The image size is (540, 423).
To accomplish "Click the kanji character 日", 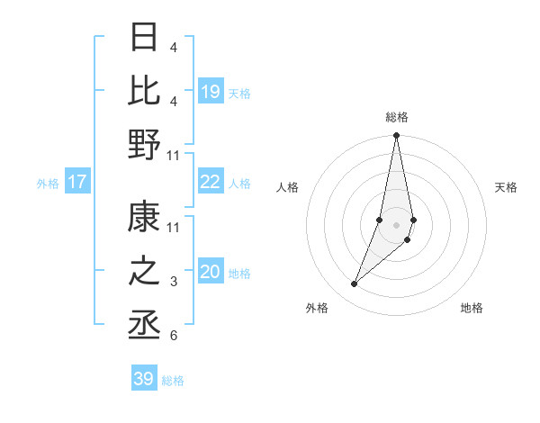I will tap(144, 38).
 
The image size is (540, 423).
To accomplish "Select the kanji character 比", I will tap(144, 91).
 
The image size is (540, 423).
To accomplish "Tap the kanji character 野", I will tap(144, 144).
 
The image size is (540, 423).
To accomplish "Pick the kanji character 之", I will tap(144, 270).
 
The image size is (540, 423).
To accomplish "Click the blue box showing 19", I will tap(211, 92).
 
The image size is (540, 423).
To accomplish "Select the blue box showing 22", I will tap(211, 182).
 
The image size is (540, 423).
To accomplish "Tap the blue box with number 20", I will tap(211, 272).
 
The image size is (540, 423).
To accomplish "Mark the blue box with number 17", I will tap(77, 182).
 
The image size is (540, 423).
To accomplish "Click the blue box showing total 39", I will tap(144, 379).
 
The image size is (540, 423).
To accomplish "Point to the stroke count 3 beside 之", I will tap(173, 282).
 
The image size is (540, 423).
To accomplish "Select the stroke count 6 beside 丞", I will tap(173, 336).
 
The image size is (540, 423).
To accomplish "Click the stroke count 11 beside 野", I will tap(173, 155).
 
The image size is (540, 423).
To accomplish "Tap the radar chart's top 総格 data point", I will tap(396, 136).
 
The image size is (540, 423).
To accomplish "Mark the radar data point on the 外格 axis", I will tap(355, 283).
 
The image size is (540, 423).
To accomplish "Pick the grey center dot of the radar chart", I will tap(396, 225).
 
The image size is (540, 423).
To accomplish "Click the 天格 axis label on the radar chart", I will tap(506, 187).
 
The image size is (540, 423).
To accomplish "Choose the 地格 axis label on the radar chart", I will tap(472, 308).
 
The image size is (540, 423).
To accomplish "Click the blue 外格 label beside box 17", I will tap(48, 183).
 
